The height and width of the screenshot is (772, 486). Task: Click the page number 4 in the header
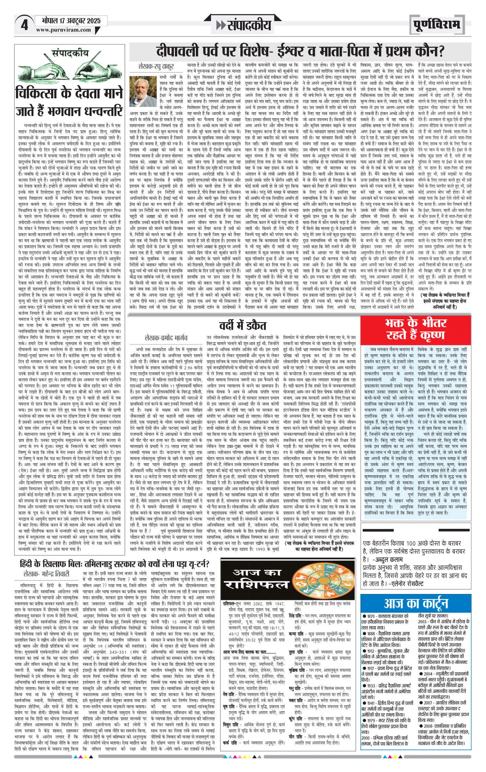point(24,25)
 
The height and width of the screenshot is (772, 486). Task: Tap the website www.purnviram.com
point(63,30)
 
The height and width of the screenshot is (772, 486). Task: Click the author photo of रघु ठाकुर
point(143,92)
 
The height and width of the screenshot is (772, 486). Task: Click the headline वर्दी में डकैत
point(242,325)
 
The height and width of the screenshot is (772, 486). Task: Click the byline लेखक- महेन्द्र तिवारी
point(46,574)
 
